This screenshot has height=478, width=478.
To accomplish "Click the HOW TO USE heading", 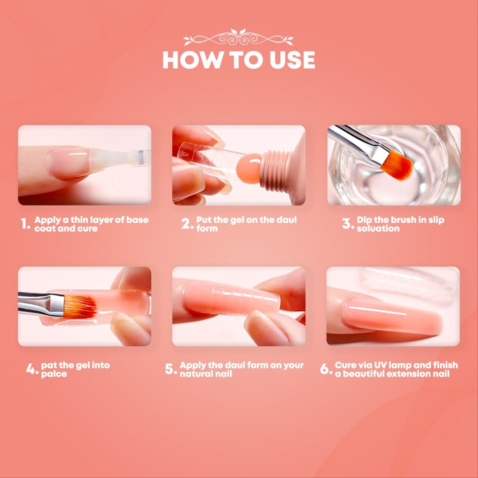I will coord(239,60).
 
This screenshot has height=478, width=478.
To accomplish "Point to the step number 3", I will coord(348,224).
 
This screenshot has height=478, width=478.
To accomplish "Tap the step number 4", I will coord(32,369).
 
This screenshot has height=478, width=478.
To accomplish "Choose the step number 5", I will coord(171,369).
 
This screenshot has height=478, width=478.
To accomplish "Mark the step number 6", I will coord(326,369).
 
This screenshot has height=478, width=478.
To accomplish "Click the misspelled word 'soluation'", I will coord(378,229).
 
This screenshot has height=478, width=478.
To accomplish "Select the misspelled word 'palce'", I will coord(54,374).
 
